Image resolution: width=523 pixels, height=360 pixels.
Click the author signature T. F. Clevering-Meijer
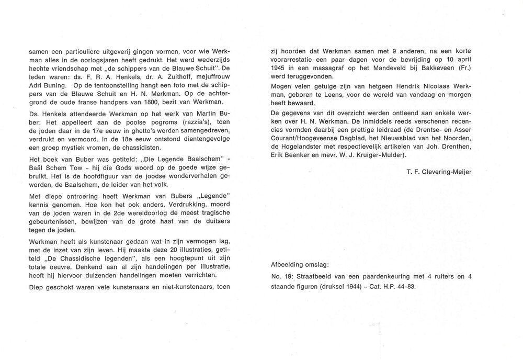[x=438, y=171]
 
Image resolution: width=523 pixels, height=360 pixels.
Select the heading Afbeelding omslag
[x=298, y=265]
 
